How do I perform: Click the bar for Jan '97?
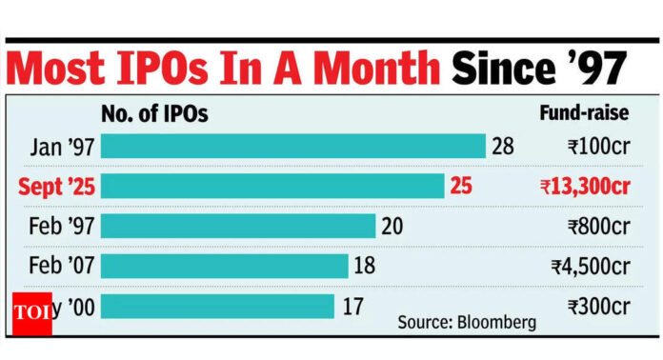(293, 146)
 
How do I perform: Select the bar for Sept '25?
(272, 186)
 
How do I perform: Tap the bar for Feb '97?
(238, 226)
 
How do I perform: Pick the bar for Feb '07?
(225, 266)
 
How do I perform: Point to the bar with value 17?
(217, 306)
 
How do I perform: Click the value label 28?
(504, 146)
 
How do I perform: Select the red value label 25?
(461, 186)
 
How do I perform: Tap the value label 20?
(392, 226)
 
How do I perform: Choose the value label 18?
(365, 266)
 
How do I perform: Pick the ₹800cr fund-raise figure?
(595, 226)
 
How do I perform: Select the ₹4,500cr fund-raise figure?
(589, 266)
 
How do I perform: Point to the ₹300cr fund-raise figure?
(595, 306)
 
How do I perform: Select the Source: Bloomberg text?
(466, 322)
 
